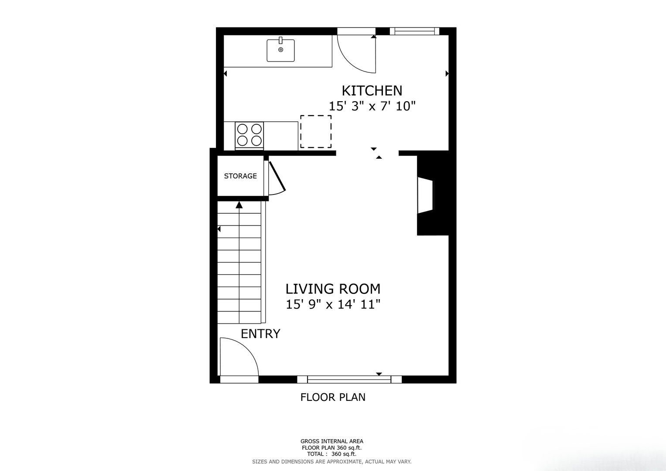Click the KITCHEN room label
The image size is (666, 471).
[372, 91]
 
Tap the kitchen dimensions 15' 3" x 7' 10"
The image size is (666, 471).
[372, 106]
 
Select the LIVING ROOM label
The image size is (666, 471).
[333, 289]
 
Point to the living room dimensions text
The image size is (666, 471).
[333, 304]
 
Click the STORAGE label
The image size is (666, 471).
[240, 176]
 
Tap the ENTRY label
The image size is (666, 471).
[260, 334]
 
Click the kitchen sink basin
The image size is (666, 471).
[281, 50]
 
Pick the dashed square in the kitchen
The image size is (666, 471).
[316, 131]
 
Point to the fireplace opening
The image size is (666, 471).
[426, 195]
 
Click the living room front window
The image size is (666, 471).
[349, 379]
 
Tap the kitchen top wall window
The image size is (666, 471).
[414, 31]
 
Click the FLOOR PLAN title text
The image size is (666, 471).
[333, 397]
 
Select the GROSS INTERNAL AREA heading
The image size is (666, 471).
[332, 441]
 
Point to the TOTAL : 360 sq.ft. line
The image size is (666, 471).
[332, 454]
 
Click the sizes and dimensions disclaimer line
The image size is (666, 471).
[332, 462]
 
